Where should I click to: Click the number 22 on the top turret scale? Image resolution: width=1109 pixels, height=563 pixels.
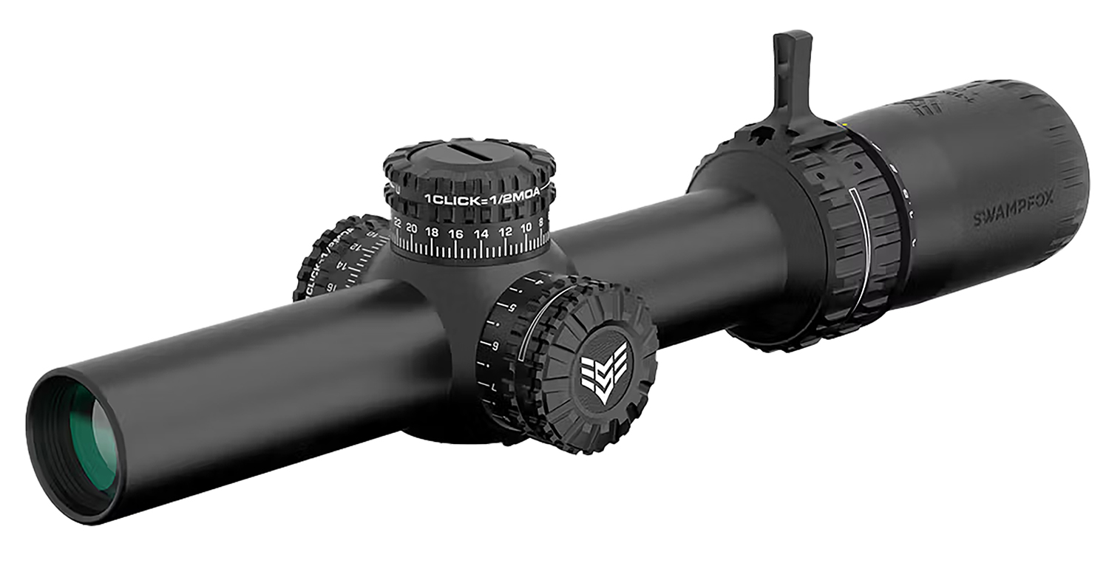(397, 222)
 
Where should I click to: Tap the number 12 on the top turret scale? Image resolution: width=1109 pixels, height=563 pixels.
(506, 231)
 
